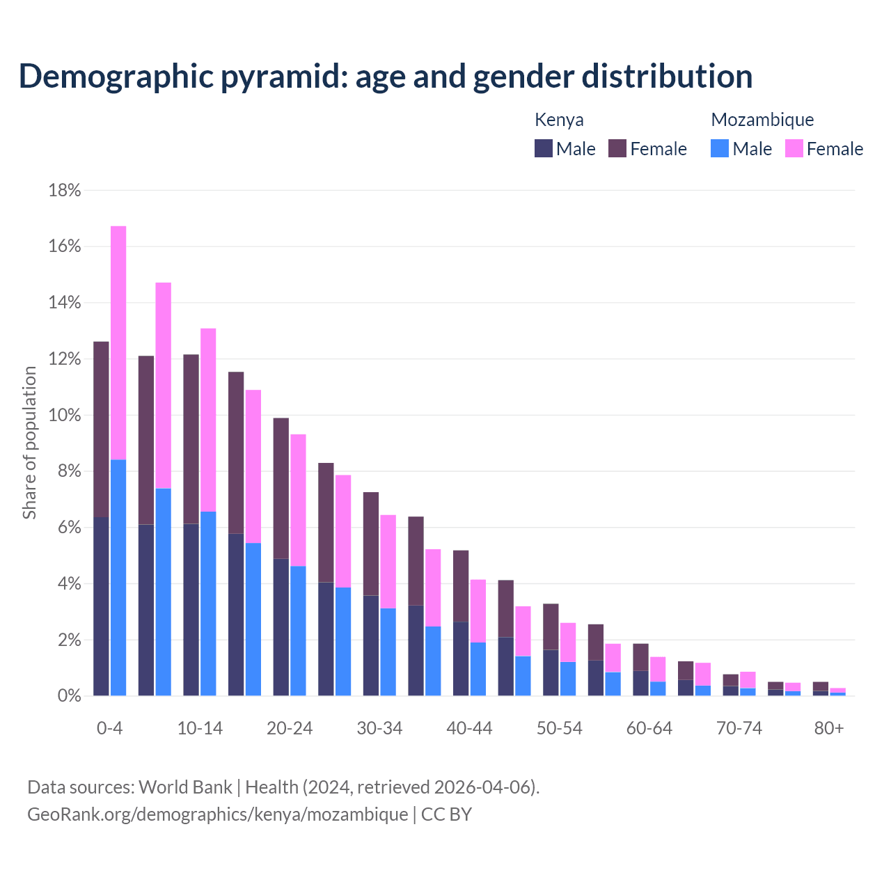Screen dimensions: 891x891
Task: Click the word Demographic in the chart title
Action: tap(115, 77)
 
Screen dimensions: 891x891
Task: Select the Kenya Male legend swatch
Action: tap(544, 149)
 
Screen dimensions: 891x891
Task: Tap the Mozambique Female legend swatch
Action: tap(794, 149)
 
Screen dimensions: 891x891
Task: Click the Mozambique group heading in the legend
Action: tap(762, 120)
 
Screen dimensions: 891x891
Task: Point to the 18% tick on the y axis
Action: tap(65, 191)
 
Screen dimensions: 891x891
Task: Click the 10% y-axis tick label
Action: tap(65, 416)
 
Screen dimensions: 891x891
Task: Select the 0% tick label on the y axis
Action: tap(68, 696)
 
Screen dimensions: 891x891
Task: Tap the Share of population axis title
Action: tap(30, 443)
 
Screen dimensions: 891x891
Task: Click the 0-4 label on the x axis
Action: tap(110, 729)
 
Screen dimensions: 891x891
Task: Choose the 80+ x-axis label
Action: tap(829, 729)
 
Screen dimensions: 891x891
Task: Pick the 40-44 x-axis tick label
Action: tap(469, 729)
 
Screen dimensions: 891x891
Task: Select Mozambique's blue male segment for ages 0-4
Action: tap(118, 578)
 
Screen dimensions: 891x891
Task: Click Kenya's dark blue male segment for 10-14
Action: tap(191, 610)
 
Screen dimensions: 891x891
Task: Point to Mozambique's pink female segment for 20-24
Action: tap(298, 500)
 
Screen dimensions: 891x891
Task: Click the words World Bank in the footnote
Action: tap(185, 787)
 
